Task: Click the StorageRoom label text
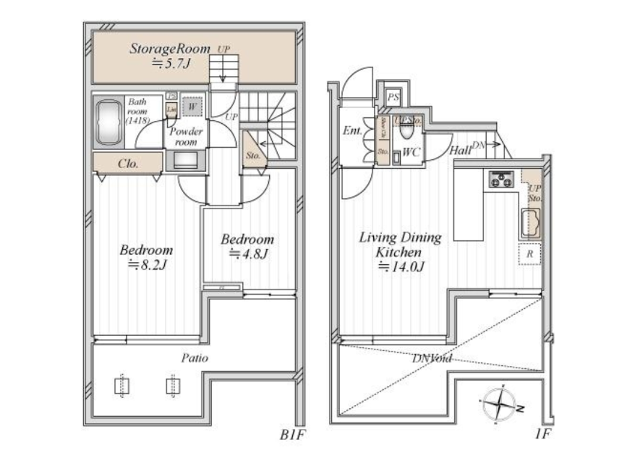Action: click(170, 48)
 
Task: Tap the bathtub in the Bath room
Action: click(108, 123)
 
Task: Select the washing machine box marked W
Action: click(192, 107)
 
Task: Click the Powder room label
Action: click(186, 136)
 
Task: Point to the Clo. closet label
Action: click(128, 164)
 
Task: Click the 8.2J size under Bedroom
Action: click(148, 265)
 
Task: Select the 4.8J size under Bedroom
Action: click(248, 254)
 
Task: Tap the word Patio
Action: click(194, 358)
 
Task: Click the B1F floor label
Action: click(292, 435)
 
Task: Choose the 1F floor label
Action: click(542, 434)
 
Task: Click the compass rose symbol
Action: click(500, 404)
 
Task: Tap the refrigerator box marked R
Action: click(530, 254)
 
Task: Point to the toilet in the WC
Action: click(406, 130)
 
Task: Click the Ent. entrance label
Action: click(352, 131)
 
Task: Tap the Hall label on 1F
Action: click(461, 151)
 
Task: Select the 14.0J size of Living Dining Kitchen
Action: click(401, 267)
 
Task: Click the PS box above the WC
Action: click(393, 97)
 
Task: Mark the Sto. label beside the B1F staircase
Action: click(253, 155)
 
